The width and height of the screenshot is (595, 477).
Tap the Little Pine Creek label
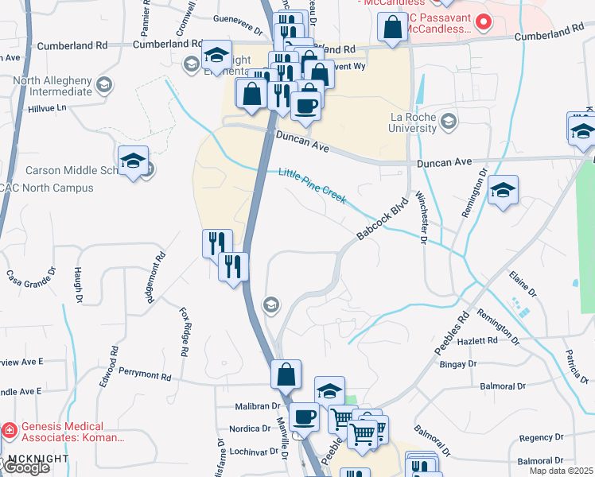(x=312, y=184)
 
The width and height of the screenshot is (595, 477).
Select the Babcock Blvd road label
(x=382, y=219)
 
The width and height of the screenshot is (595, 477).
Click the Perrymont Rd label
(x=145, y=373)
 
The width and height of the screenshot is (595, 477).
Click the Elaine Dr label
(x=523, y=283)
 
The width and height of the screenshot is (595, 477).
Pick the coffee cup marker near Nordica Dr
(x=303, y=417)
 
